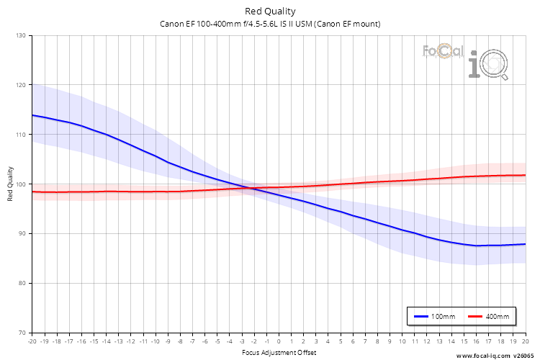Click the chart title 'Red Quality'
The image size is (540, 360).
(x=270, y=11)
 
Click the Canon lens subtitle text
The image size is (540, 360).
(x=270, y=24)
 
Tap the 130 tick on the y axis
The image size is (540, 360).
(x=21, y=35)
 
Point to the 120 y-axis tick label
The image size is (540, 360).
(x=21, y=85)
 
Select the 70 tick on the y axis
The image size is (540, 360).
(x=22, y=333)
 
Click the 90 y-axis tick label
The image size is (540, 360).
(x=22, y=233)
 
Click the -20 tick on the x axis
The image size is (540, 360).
(x=32, y=341)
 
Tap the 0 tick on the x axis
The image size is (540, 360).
(x=279, y=341)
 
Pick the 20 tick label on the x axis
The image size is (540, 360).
(x=525, y=341)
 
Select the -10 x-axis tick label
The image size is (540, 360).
(x=155, y=341)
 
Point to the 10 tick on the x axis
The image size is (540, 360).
(x=402, y=341)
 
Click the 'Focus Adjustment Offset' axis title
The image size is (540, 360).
(x=279, y=353)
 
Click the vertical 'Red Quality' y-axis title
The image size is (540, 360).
(x=11, y=184)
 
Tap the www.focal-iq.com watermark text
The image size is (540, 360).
(x=497, y=355)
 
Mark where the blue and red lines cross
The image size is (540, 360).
(x=248, y=189)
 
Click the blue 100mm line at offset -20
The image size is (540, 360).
(x=32, y=114)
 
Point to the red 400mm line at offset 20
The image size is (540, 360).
(x=525, y=175)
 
